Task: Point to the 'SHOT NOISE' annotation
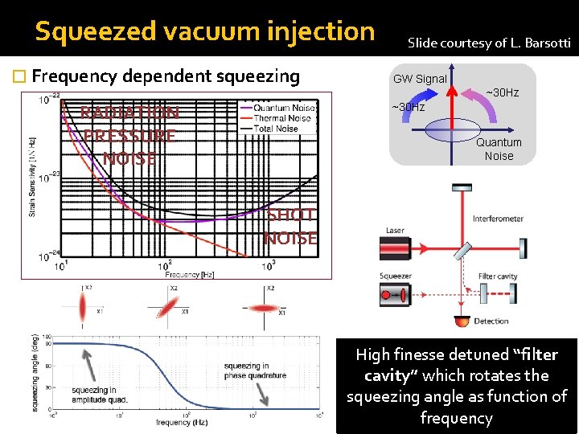coord(291,227)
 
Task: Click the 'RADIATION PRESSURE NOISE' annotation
coord(129,135)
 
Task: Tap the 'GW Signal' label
coord(420,79)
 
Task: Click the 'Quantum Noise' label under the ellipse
coord(499,149)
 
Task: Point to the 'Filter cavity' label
coord(498,276)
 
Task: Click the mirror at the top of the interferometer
coord(461,187)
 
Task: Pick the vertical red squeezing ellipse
coord(82,306)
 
